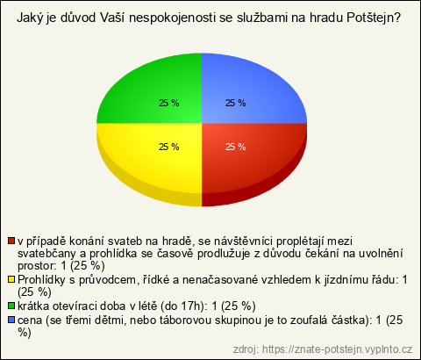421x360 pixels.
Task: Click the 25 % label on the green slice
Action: pos(169,103)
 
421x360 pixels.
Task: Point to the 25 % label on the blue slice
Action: pos(236,103)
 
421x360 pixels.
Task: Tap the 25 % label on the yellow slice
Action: pos(169,147)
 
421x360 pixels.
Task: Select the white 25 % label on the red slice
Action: pos(236,147)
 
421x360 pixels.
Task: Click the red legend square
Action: pos(11,241)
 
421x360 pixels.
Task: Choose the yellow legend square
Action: pos(11,279)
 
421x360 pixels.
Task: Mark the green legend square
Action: pos(11,306)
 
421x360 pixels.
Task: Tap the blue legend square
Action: pos(11,320)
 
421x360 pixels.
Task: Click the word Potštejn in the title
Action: pos(373,18)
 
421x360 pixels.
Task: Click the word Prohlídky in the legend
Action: pos(41,280)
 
